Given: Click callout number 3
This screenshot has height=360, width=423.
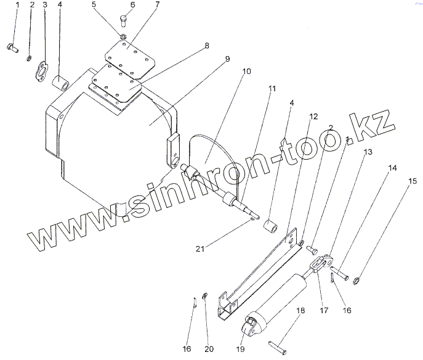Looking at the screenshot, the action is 44,6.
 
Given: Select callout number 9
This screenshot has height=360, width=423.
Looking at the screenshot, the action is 227,59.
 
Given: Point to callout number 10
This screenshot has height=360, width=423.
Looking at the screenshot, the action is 246,72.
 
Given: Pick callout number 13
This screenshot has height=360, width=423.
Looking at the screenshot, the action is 368,151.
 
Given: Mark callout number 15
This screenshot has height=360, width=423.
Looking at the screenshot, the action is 411,181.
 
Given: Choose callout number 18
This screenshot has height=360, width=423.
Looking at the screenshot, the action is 300,311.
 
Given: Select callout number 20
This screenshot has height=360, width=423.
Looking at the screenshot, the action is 209,348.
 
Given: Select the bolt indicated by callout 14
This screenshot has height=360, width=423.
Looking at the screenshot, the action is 339,270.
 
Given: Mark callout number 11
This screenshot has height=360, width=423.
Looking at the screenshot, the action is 272,89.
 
